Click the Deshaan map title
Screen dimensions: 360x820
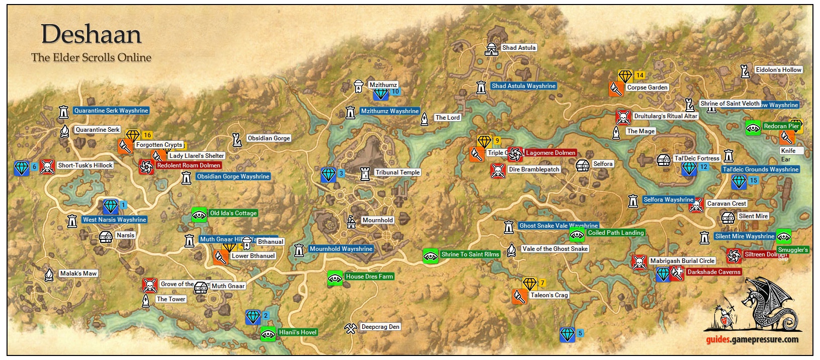(91, 34)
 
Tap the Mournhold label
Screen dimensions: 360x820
(377, 220)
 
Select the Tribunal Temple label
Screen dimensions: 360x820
(397, 172)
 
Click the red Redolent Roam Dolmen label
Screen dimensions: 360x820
(188, 165)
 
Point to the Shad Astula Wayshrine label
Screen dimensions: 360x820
(523, 86)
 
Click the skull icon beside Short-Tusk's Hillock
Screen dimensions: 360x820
(47, 166)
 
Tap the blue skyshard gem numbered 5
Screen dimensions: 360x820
(567, 334)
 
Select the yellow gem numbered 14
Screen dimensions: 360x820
(625, 76)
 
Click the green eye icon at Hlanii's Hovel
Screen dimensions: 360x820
(268, 334)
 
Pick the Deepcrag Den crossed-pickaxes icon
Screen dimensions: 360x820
(350, 328)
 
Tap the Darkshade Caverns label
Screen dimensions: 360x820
(713, 272)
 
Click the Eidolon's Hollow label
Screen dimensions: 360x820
(778, 70)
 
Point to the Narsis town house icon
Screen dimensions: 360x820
(106, 236)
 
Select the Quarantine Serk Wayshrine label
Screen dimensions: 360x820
(111, 111)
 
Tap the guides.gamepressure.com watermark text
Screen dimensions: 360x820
(752, 339)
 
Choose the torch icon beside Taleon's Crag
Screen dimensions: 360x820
(519, 296)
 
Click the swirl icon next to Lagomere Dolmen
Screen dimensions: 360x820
(515, 154)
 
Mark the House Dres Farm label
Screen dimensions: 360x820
(369, 277)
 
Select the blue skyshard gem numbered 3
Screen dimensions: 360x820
(329, 175)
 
